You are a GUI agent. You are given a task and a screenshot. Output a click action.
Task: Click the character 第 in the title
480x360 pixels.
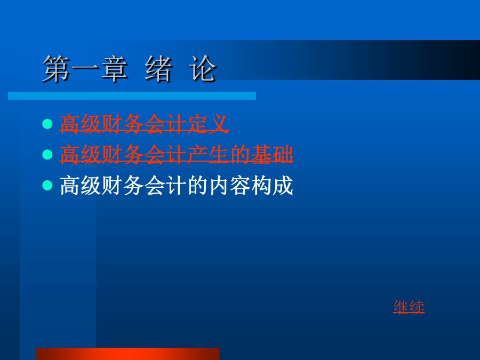pos(55,69)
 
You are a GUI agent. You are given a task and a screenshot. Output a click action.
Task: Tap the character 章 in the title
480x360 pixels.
pos(115,69)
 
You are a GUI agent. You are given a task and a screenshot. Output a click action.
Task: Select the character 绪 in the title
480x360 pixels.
pos(158,69)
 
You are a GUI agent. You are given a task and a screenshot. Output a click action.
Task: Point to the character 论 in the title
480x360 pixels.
pos(203,69)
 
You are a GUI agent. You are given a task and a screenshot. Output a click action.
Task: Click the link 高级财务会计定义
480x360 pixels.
pos(144,124)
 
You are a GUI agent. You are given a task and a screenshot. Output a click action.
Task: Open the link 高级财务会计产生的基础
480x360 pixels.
pos(176,155)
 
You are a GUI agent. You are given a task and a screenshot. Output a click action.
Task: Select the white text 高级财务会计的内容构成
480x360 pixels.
pos(177,186)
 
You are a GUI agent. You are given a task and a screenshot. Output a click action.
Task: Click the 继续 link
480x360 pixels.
pos(409,307)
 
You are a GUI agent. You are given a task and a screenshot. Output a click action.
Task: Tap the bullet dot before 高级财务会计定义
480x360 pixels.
pos(47,124)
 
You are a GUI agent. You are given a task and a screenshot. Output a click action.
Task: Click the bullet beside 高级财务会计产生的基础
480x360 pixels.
pos(47,155)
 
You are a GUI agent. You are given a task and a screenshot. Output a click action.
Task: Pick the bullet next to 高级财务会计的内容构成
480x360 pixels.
pos(47,185)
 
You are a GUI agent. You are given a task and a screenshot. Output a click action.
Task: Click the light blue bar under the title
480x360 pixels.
pos(132,96)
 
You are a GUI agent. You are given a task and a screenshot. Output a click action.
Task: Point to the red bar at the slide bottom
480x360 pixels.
pos(127,354)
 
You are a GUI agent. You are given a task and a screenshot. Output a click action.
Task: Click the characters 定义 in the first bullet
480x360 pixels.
pos(208,124)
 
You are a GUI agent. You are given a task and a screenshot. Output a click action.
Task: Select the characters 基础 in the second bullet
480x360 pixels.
pos(272,155)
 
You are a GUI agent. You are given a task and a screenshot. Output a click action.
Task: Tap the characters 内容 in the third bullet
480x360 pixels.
pos(229,186)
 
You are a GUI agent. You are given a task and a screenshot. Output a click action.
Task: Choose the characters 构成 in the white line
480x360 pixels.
pos(272,186)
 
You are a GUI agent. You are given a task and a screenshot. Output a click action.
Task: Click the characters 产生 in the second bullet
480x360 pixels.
pos(208,155)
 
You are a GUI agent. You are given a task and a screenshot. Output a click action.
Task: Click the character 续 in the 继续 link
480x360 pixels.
pos(417,307)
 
